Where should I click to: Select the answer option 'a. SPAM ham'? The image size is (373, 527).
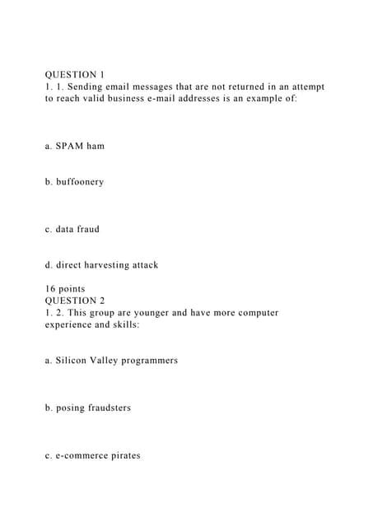[75, 146]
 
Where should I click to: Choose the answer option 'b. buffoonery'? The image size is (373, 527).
[75, 181]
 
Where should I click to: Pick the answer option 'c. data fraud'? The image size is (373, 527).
[72, 230]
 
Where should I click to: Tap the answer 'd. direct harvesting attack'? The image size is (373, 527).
[102, 265]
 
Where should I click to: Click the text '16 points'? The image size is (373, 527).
[65, 289]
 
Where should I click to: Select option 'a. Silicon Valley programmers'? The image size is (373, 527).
[112, 361]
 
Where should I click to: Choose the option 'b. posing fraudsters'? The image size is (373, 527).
[88, 408]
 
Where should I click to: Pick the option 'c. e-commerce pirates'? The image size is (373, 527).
[93, 455]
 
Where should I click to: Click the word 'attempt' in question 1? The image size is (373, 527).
[304, 86]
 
